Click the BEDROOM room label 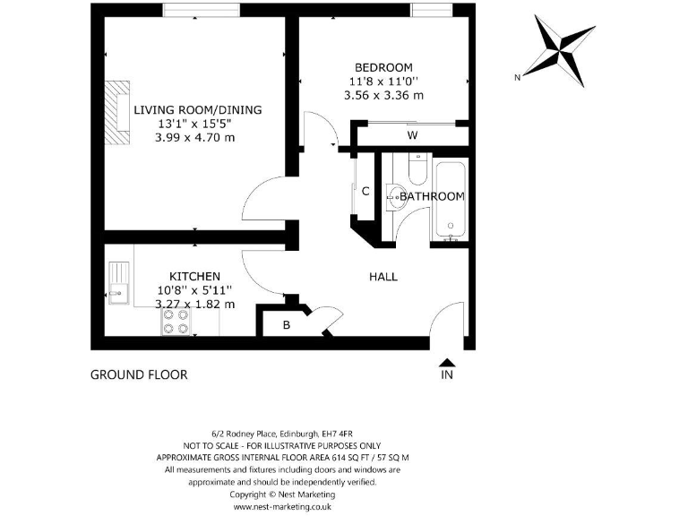point(383,67)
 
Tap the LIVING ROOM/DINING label point(198,110)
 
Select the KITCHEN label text point(194,276)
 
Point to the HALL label point(383,277)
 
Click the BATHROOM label point(432,196)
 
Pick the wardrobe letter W point(412,135)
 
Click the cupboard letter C point(365,190)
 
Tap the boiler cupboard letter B point(286,325)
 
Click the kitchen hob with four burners point(176,322)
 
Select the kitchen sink point(117,281)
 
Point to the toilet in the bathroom point(417,168)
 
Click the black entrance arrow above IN point(447,362)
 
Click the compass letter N point(517,78)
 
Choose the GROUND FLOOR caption point(139,374)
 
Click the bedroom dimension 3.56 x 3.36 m point(383,95)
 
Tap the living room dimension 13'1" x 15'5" point(198,124)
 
